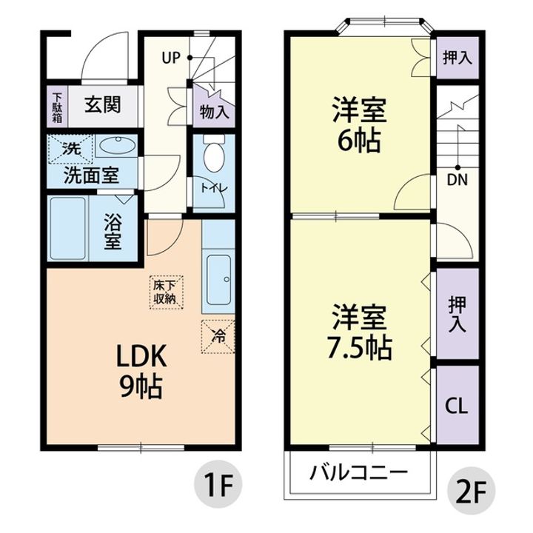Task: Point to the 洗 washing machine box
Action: [x=69, y=148]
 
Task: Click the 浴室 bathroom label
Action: [x=113, y=232]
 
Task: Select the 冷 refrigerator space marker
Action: [x=218, y=335]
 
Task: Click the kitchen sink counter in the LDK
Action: [x=218, y=280]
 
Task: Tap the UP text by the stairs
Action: [x=172, y=57]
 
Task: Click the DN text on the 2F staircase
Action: [x=457, y=179]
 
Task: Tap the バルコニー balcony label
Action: [x=358, y=472]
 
